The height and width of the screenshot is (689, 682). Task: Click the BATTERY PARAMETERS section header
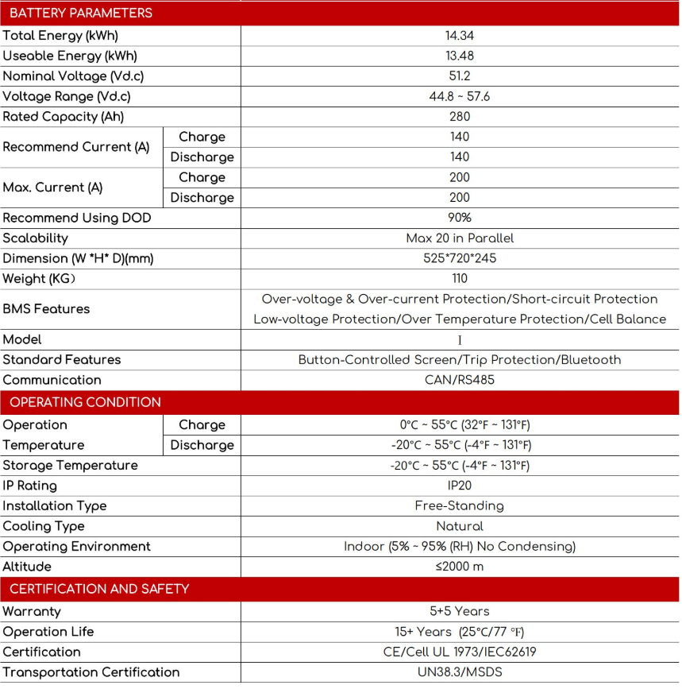[x=81, y=14]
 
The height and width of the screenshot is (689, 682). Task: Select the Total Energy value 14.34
[x=460, y=36]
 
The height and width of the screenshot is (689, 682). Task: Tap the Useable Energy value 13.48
[x=460, y=56]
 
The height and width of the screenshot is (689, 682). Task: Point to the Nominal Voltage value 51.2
[x=460, y=76]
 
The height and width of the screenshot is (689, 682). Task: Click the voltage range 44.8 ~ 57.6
[x=460, y=96]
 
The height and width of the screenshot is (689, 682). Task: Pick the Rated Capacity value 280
[x=460, y=117]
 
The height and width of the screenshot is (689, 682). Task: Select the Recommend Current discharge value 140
[x=460, y=157]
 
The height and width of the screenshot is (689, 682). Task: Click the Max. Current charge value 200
[x=460, y=177]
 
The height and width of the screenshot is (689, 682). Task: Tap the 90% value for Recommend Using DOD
[x=460, y=218]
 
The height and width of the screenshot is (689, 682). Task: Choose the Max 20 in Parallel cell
[x=460, y=238]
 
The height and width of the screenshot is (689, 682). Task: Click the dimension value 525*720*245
[x=460, y=258]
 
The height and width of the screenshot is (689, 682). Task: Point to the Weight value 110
[x=460, y=279]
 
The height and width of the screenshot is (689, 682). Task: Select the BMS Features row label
[x=46, y=309]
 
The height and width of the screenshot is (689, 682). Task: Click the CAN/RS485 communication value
[x=460, y=380]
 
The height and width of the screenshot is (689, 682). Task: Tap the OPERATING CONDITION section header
[x=85, y=402]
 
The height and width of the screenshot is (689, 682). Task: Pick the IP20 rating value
[x=460, y=486]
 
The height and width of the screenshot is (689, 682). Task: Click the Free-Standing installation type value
[x=460, y=506]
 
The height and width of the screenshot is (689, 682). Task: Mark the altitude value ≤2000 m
[x=460, y=567]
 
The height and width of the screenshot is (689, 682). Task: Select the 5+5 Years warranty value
[x=460, y=612]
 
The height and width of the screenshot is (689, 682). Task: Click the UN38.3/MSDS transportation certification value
[x=460, y=672]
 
